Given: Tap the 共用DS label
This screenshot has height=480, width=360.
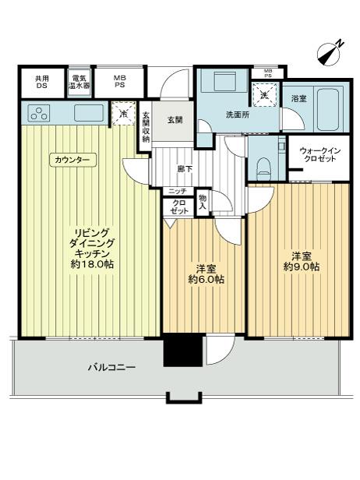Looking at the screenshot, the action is click(x=42, y=82).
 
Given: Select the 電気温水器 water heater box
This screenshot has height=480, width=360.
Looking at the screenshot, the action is click(x=79, y=82).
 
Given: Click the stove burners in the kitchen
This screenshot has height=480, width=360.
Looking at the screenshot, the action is click(x=39, y=113).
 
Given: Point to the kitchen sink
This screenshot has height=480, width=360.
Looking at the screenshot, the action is click(x=89, y=113).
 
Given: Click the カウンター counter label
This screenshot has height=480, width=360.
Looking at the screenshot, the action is click(x=72, y=160).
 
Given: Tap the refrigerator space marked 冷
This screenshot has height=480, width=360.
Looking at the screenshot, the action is click(x=124, y=114).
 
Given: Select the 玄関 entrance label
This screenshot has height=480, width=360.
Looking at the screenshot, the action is click(x=175, y=120).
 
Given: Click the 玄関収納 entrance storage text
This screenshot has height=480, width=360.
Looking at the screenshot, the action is click(x=146, y=128).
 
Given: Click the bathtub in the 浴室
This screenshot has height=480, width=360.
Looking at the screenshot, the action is click(x=328, y=110).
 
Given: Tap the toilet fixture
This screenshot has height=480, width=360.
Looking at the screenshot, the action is click(x=263, y=169).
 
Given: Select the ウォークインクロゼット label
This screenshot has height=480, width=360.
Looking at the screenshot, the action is click(x=320, y=154).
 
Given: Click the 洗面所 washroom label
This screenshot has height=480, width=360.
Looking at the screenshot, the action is click(x=238, y=115).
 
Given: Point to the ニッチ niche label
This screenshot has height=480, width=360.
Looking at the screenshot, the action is click(x=178, y=192).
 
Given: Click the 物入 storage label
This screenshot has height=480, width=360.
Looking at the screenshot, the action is click(x=203, y=202).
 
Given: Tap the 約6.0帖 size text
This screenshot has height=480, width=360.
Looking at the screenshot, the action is click(x=206, y=279).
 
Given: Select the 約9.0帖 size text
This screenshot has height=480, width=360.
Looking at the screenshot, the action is click(x=302, y=266).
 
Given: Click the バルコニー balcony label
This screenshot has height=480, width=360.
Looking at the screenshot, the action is click(x=111, y=367).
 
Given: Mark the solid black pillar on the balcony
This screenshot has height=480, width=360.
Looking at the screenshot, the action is click(x=183, y=350).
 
